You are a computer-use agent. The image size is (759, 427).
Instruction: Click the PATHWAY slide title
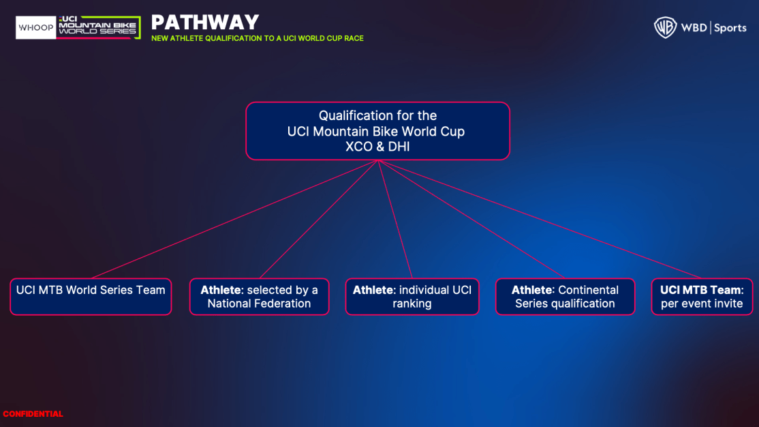point(205,23)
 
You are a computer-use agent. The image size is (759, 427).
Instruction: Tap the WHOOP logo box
point(36,28)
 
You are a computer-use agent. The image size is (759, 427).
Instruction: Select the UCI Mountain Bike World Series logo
point(99,27)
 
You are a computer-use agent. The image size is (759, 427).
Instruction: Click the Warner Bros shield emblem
point(665,27)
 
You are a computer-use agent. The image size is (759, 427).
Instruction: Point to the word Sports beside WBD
point(730,28)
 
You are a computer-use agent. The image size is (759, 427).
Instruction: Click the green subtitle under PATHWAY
point(257,38)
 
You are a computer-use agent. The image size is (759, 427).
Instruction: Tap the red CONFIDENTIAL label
point(33,414)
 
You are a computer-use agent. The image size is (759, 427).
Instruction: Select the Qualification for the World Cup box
point(377,131)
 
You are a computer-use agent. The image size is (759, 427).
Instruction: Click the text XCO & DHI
point(377,147)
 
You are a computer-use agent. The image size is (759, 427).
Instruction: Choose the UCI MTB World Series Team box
point(91,297)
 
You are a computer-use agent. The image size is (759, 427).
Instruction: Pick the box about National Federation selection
point(259,297)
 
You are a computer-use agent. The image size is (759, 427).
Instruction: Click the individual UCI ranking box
point(412,297)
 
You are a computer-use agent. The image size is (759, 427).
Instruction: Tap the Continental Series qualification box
point(565,297)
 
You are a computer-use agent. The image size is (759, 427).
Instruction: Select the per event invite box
point(702,297)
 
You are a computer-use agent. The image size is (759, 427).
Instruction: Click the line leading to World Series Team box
point(234,219)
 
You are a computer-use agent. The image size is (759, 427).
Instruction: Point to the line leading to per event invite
point(540,219)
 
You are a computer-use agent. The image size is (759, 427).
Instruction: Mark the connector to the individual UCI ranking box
point(395,219)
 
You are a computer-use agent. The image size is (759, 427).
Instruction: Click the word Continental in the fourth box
point(588,290)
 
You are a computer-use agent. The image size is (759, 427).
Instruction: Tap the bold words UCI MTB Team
point(701,290)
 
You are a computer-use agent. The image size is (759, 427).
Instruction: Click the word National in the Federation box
point(228,304)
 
